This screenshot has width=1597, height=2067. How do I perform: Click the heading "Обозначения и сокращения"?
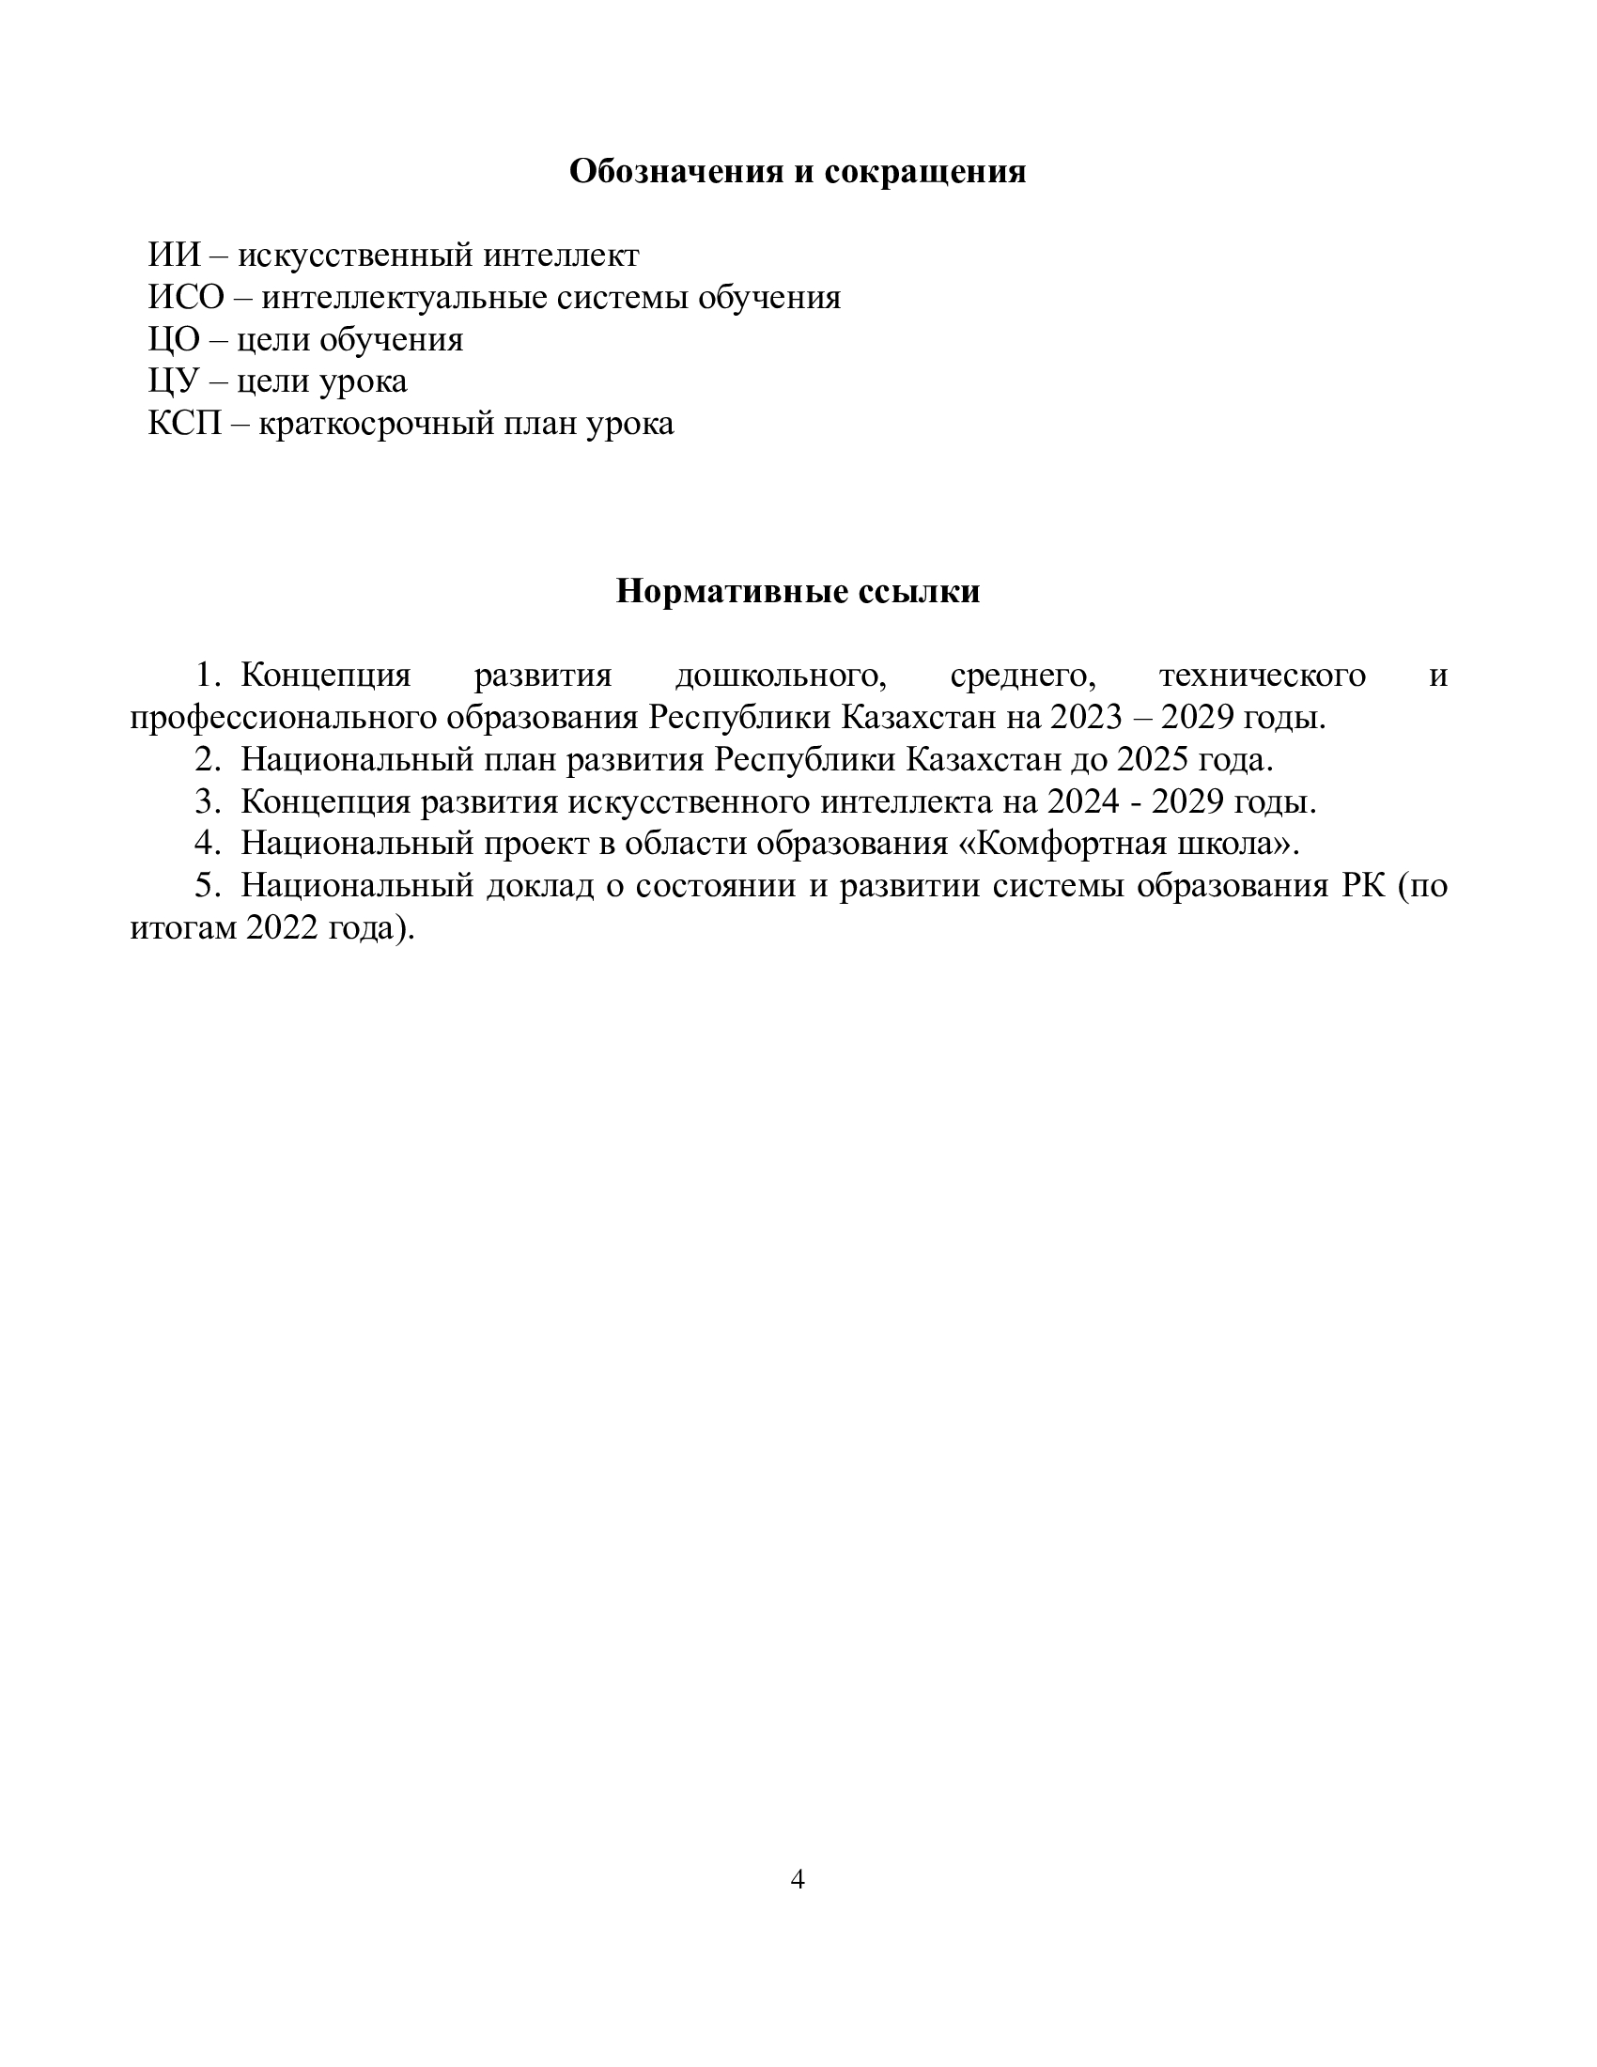point(797,172)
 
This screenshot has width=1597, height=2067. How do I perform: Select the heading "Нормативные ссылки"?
point(798,592)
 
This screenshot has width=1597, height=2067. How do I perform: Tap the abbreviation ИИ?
point(175,256)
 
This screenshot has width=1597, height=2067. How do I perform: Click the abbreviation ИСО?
point(186,297)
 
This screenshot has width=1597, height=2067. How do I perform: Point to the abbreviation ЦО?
point(174,339)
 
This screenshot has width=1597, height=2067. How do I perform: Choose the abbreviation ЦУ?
point(174,381)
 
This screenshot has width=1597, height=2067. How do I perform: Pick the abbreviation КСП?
point(185,423)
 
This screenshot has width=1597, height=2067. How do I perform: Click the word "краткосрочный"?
point(375,423)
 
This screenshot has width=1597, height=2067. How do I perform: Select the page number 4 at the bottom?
point(798,1880)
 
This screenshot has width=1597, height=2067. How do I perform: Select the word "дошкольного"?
point(781,676)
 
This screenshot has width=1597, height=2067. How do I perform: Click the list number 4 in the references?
point(207,845)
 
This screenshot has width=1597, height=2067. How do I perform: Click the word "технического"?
point(1262,676)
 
